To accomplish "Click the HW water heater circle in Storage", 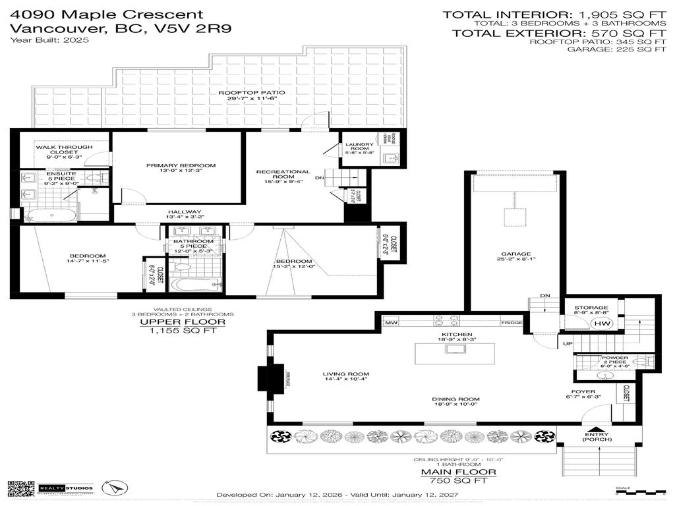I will [601, 323].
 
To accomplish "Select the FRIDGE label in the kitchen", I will [512, 323].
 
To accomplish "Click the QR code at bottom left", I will [20, 489].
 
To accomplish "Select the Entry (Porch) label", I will [599, 436].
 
